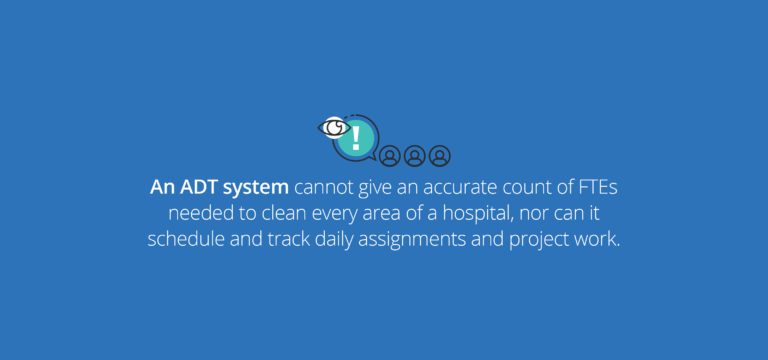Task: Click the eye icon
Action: point(335,127)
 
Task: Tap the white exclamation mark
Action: point(356,139)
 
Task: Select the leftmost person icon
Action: point(390,156)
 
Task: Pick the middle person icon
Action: point(415,156)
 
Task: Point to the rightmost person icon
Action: point(440,156)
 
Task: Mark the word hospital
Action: point(479,216)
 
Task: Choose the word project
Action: point(536,242)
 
